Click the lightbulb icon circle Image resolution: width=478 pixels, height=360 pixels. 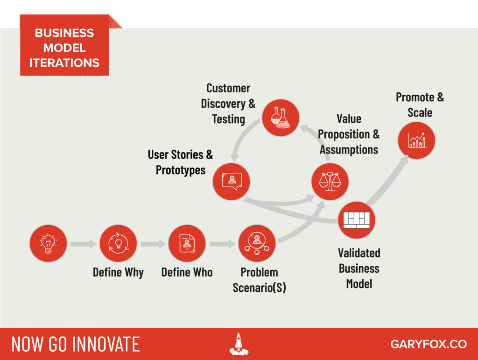tap(48, 243)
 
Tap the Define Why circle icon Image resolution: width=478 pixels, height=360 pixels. tap(118, 243)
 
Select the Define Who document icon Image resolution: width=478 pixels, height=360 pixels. tap(187, 243)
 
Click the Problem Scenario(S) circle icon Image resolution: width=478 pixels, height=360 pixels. tap(257, 243)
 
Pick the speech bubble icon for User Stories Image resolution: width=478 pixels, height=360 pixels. tap(232, 181)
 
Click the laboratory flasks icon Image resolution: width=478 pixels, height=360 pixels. tap(281, 118)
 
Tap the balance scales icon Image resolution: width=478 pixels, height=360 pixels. tap(330, 181)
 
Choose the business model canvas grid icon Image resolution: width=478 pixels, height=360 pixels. tap(357, 220)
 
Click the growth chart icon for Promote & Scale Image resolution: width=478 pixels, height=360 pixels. tap(416, 140)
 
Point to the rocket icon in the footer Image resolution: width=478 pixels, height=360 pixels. tap(239, 344)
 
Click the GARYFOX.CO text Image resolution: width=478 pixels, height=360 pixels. tap(429, 344)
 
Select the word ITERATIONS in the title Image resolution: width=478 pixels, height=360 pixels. tap(64, 63)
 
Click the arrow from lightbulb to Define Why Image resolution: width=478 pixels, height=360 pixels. tap(84, 244)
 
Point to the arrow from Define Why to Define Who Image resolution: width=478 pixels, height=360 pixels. tap(153, 244)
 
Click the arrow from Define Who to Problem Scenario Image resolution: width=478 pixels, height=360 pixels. tap(223, 244)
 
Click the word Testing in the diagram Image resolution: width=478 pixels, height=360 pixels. tap(228, 119)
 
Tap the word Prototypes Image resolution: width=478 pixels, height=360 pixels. tap(181, 170)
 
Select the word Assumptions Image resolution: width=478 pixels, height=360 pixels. tap(349, 150)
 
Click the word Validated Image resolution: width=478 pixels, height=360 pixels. tap(359, 253)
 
